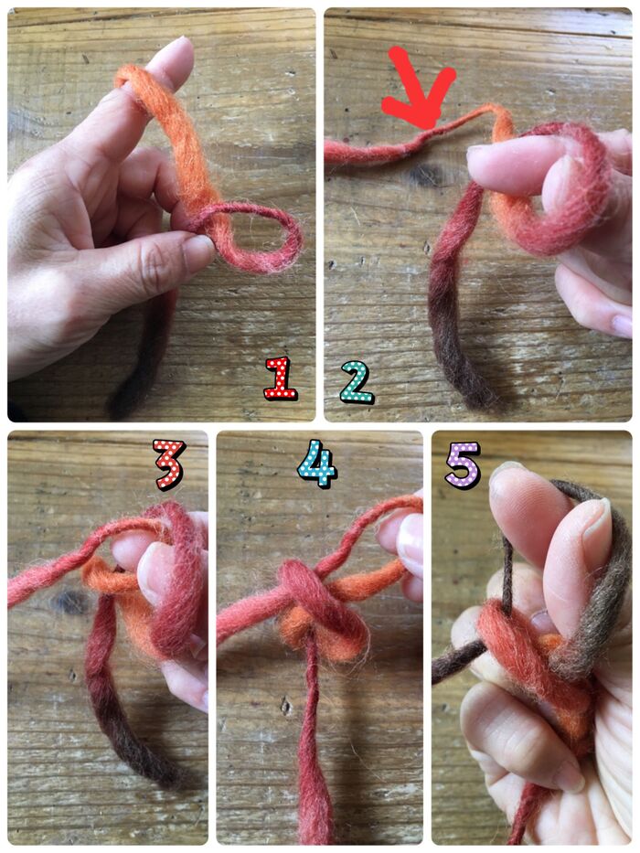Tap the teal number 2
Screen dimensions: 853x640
click(357, 382)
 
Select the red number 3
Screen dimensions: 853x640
click(169, 464)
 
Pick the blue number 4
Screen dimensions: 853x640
click(317, 464)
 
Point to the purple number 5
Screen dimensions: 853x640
click(463, 464)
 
